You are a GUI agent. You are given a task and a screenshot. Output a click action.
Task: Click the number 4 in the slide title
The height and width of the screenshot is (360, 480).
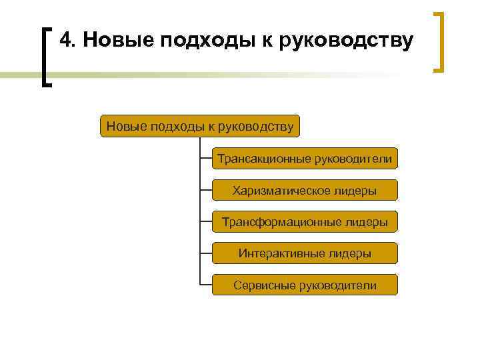(65, 41)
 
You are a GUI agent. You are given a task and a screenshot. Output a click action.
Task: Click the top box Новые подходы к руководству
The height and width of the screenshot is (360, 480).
(200, 126)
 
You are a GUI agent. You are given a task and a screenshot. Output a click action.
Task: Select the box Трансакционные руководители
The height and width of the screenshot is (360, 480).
(305, 159)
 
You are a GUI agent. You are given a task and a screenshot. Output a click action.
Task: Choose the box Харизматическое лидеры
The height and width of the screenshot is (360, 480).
(305, 191)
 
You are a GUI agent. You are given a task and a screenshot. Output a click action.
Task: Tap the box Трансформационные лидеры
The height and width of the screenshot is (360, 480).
(305, 222)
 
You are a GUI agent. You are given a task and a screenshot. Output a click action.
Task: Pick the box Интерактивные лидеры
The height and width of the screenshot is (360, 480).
(305, 253)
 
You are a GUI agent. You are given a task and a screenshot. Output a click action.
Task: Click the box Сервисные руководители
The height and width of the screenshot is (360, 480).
(305, 285)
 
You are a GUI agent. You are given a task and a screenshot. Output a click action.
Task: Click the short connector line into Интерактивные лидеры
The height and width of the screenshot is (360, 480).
(205, 253)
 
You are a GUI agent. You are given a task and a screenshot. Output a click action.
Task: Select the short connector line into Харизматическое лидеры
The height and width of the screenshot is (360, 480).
(205, 191)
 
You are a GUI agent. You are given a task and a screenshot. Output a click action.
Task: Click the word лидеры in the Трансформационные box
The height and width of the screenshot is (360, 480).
(366, 222)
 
